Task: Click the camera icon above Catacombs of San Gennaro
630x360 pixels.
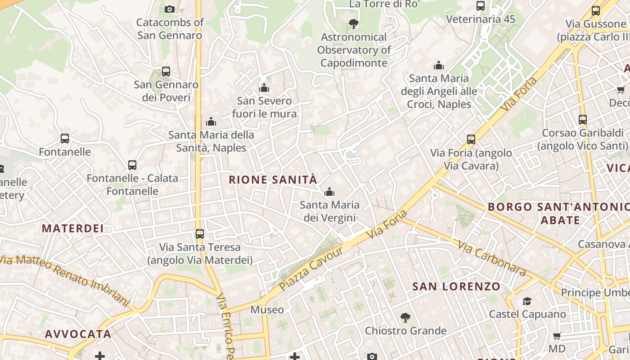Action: point(170,9)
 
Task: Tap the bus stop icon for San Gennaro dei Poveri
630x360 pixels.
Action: point(166,71)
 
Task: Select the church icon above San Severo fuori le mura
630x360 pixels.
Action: point(264,88)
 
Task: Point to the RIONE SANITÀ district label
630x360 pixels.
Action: point(273,180)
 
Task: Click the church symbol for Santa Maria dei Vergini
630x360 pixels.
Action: point(329,192)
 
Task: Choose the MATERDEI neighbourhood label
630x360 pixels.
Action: point(73,229)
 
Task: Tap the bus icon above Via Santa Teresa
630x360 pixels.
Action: point(200,234)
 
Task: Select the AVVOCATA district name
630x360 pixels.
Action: point(78,334)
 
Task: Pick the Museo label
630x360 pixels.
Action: point(267,310)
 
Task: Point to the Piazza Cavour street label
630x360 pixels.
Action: point(311,268)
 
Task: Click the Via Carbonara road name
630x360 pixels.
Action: point(492,258)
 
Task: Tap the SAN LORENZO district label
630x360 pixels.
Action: point(456,287)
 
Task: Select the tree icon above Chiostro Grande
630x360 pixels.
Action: point(405,318)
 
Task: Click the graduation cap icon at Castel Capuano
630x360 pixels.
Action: point(527,301)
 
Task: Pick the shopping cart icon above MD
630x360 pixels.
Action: point(557,336)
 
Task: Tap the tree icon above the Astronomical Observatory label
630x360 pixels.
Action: point(354,24)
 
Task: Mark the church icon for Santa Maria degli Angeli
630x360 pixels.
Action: point(439,66)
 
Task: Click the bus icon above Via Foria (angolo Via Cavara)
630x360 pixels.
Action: point(471,139)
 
